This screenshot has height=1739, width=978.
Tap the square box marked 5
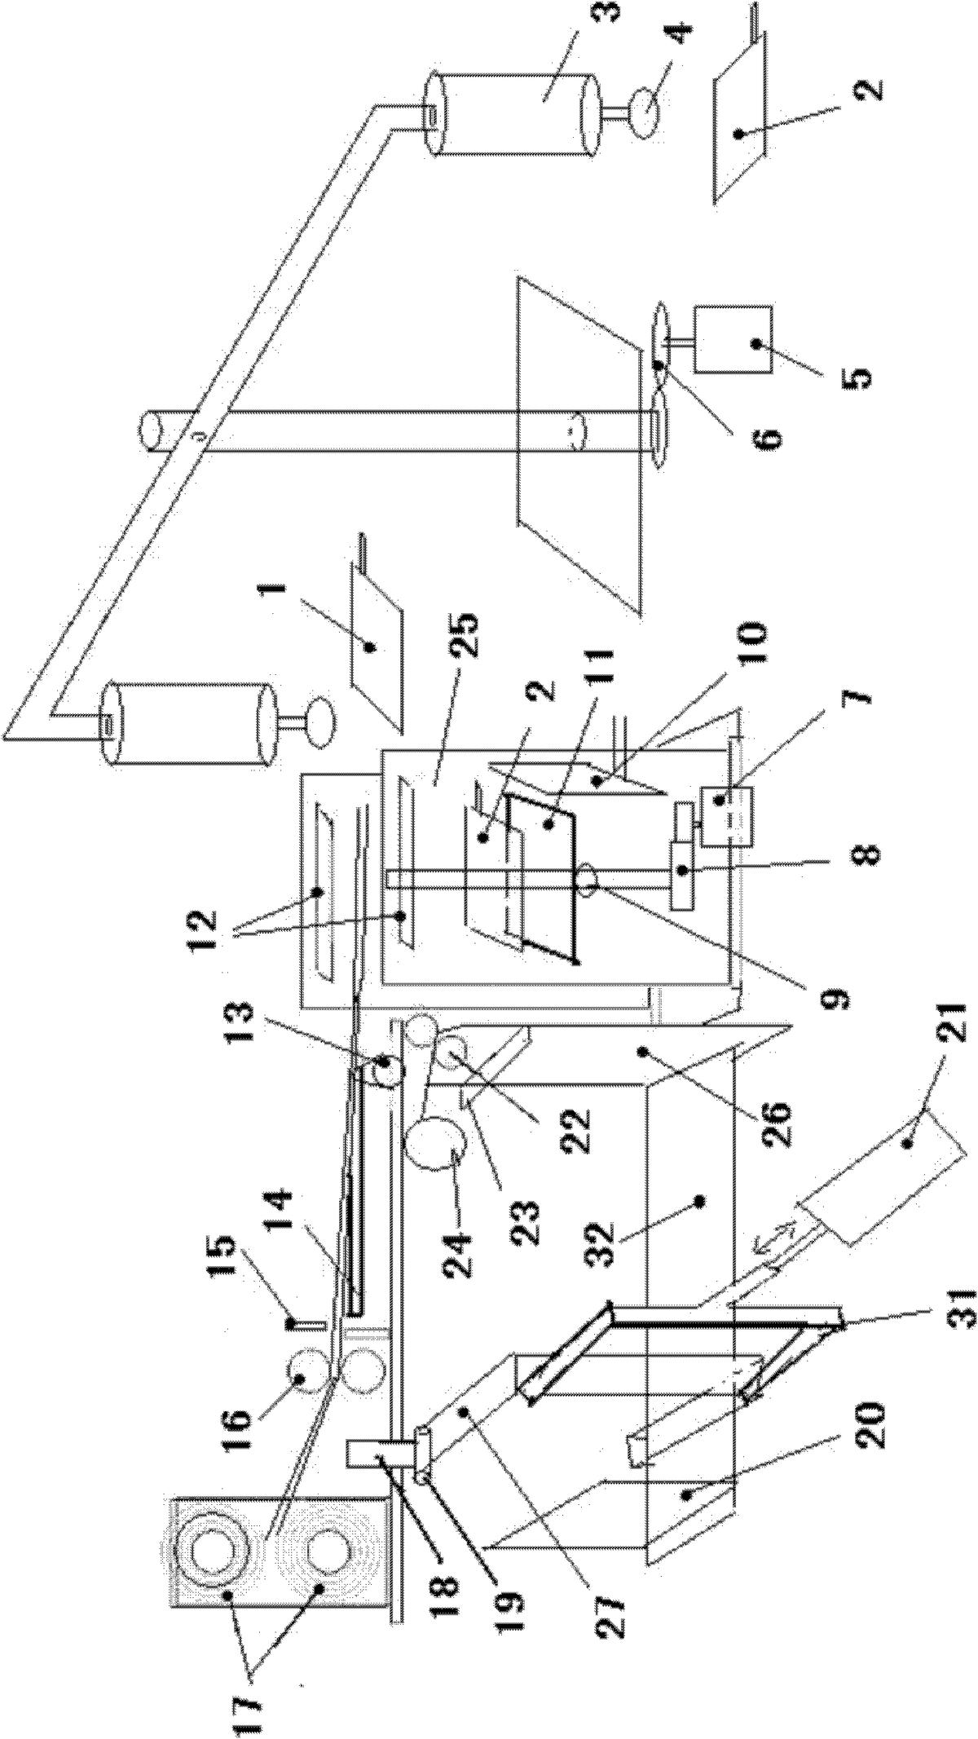tap(732, 340)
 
